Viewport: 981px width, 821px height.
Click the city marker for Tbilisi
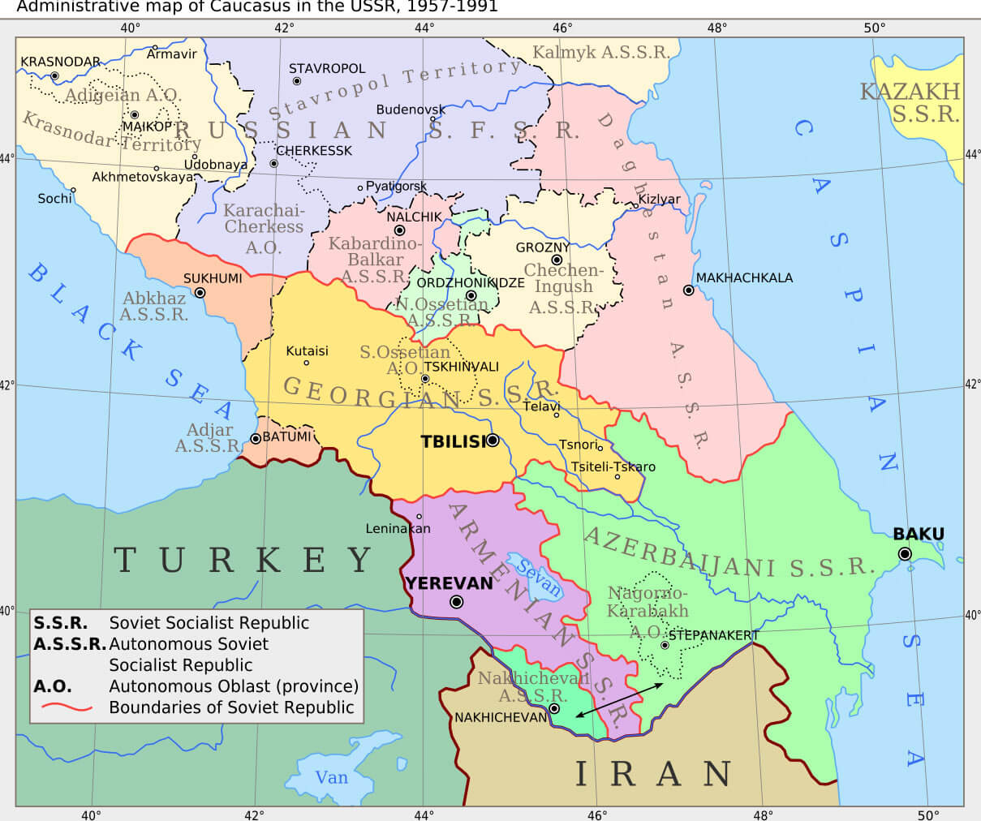click(493, 441)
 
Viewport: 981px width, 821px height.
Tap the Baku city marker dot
click(905, 554)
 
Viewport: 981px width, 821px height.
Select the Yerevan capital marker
click(456, 602)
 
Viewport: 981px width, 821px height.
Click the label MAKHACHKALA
click(744, 277)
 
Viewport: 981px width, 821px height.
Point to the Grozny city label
click(543, 247)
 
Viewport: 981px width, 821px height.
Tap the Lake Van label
click(331, 777)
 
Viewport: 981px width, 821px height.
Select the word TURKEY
click(243, 560)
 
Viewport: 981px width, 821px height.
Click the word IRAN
click(654, 774)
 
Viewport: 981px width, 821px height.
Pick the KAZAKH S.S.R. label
click(911, 102)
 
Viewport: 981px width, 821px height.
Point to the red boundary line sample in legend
click(66, 707)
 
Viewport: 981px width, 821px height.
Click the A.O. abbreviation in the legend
click(52, 686)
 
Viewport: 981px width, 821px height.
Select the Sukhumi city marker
click(200, 293)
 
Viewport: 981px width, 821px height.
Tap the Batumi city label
click(286, 436)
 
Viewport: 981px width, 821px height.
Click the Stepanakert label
click(713, 635)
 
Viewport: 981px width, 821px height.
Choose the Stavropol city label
click(327, 69)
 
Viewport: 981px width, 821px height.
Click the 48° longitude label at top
click(716, 28)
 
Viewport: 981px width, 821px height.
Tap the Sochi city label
click(54, 198)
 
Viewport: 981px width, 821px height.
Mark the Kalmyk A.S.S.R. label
click(600, 53)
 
